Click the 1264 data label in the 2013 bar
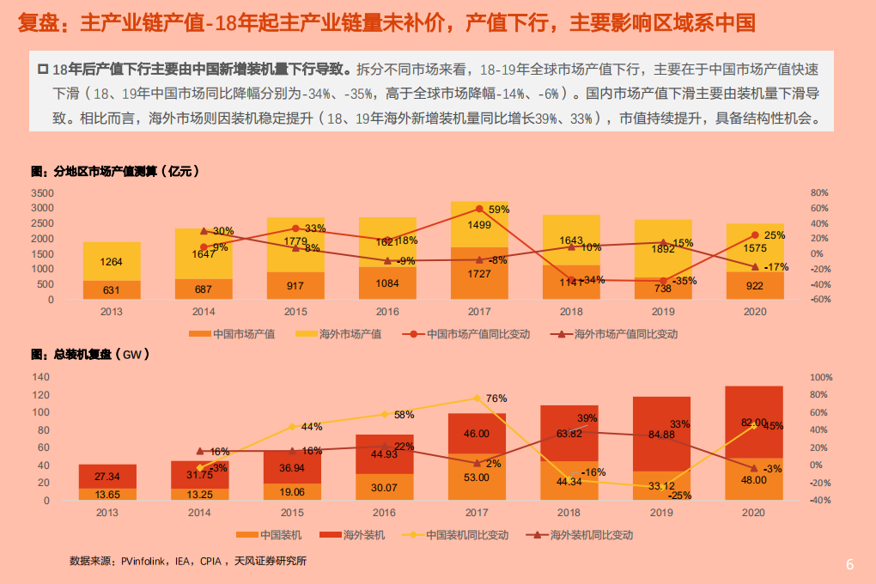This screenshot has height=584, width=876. point(111,262)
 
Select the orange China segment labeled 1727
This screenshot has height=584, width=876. point(479,273)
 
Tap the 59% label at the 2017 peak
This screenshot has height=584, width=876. point(499,210)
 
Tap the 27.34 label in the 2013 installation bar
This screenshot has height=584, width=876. point(107,476)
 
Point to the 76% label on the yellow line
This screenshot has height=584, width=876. point(496,398)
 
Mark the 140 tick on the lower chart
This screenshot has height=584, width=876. point(40,377)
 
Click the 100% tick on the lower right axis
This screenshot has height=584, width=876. point(823,377)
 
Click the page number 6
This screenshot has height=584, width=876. point(849,564)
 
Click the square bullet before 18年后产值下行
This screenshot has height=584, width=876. point(42,68)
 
